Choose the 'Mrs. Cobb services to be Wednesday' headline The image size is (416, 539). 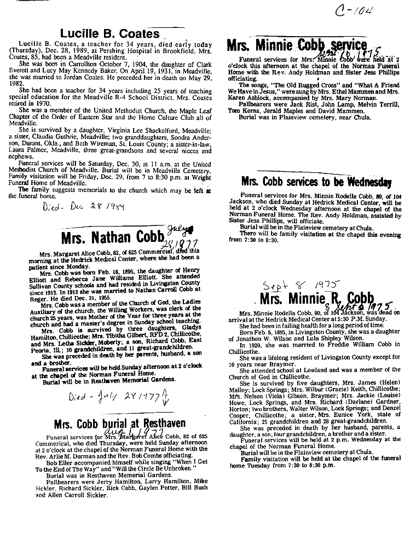click(x=316, y=183)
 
